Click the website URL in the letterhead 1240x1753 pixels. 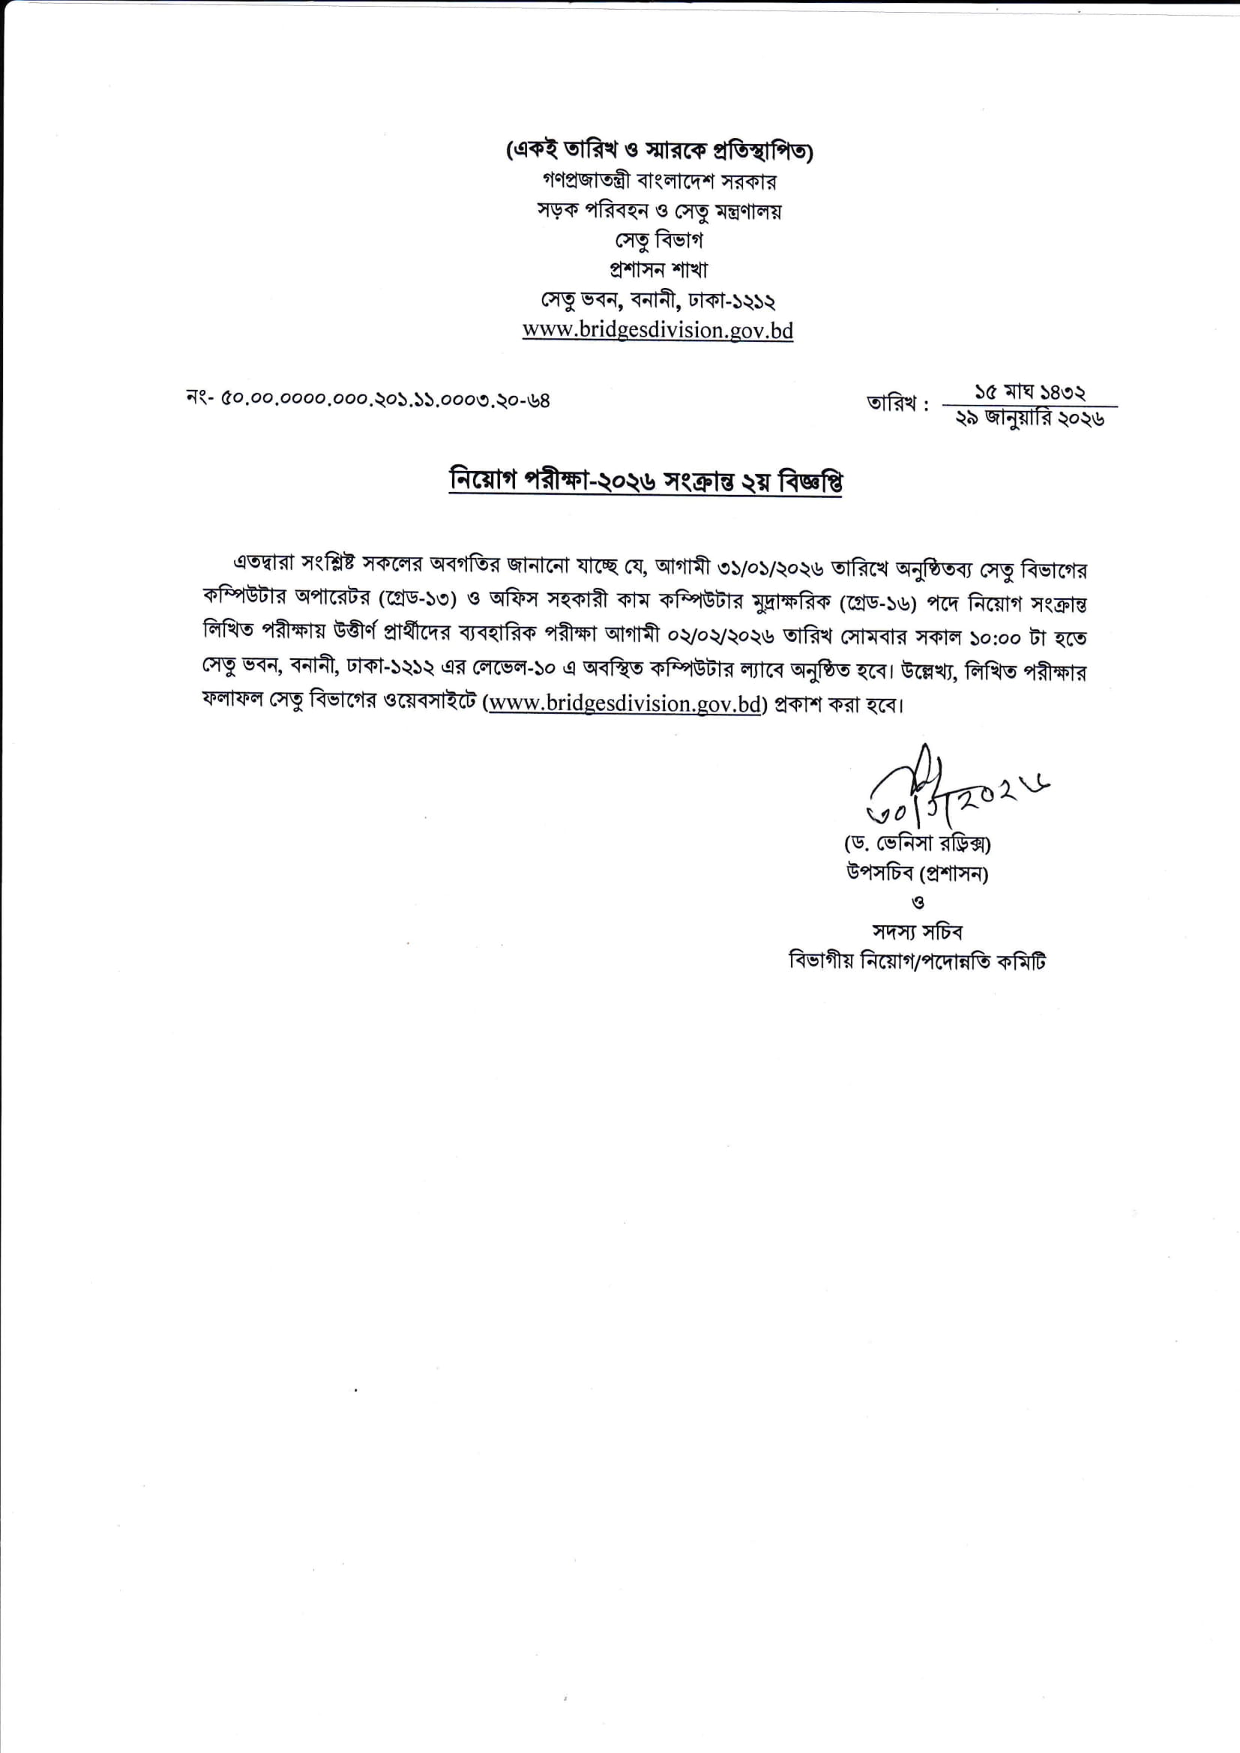pyautogui.click(x=657, y=331)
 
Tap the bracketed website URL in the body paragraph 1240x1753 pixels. pyautogui.click(x=625, y=704)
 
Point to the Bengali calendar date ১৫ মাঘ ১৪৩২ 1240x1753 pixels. pyautogui.click(x=1030, y=393)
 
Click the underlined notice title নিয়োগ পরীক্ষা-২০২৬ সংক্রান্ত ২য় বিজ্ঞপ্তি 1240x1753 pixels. pyautogui.click(x=646, y=482)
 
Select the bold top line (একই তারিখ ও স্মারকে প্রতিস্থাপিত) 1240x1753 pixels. pyautogui.click(x=659, y=151)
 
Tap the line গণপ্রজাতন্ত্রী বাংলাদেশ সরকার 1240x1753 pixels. pyautogui.click(x=658, y=181)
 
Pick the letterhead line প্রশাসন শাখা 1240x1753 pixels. pyautogui.click(x=658, y=269)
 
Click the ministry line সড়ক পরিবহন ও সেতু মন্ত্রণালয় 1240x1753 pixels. pyautogui.click(x=658, y=211)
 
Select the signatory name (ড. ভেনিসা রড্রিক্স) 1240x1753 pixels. pyautogui.click(x=917, y=844)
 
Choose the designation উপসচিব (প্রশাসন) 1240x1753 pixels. pyautogui.click(x=917, y=874)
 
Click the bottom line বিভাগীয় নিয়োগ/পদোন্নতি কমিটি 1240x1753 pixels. pyautogui.click(x=917, y=961)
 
